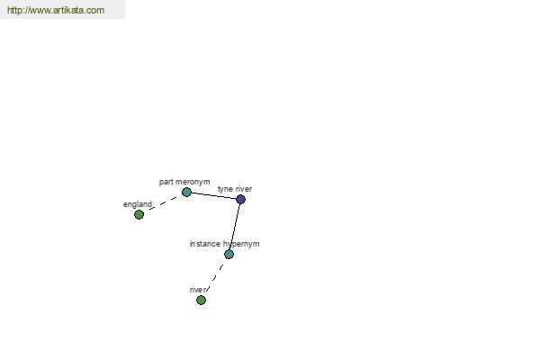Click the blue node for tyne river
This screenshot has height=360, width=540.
point(240,199)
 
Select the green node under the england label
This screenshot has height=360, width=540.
point(139,214)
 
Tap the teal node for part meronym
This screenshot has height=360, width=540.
point(186,192)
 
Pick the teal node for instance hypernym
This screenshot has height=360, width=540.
point(229,254)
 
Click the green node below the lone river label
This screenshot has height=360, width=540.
point(201,300)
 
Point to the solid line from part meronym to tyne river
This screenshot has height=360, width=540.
point(213,195)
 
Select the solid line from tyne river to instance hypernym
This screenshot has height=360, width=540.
point(235,227)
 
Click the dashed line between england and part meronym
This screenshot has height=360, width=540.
point(163,203)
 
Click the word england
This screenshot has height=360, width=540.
point(138,204)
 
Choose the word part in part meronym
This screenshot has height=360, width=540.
point(166,182)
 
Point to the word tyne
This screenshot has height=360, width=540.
point(225,189)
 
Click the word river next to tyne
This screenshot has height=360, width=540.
point(244,189)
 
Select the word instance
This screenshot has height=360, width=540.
point(204,244)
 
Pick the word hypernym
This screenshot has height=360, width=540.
point(241,244)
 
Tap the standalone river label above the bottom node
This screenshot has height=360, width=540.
point(198,290)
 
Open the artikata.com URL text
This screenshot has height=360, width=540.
point(56,10)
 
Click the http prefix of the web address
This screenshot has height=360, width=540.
point(14,10)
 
